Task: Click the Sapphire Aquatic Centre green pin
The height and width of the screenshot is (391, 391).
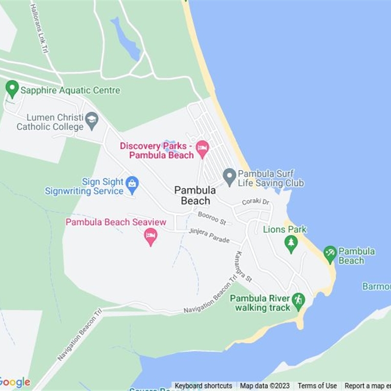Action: [12, 89]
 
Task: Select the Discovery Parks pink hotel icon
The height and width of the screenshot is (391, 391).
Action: [202, 148]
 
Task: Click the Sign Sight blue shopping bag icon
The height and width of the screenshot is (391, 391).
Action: [132, 184]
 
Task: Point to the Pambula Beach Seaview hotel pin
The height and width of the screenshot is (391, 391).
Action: [151, 236]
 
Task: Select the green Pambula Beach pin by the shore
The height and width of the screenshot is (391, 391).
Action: [330, 254]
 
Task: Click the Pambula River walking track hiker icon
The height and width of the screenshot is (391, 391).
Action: [298, 300]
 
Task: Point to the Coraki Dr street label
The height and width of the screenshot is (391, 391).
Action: [256, 202]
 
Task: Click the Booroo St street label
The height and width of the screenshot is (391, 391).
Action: [212, 218]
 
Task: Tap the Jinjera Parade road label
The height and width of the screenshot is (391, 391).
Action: [209, 235]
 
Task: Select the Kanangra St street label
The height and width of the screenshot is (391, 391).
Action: [243, 267]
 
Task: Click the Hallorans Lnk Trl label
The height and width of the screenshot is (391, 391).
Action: [41, 29]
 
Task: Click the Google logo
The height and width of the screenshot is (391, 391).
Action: [15, 382]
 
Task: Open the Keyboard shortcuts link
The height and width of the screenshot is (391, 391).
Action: [203, 386]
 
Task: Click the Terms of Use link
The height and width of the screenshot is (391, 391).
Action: [317, 386]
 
